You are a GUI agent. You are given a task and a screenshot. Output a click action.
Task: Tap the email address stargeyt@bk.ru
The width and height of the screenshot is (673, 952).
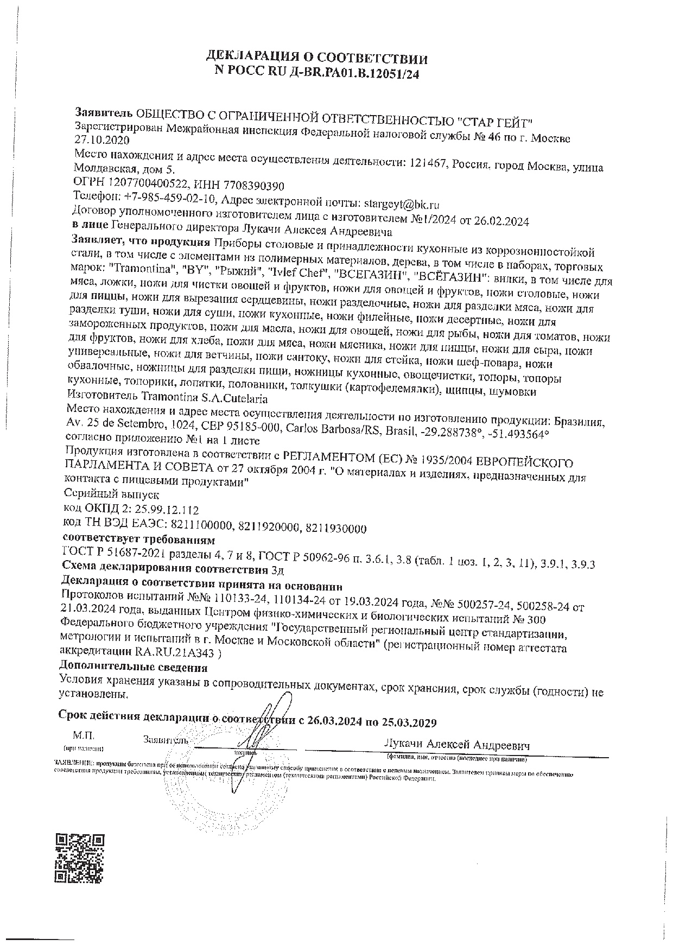click(x=402, y=204)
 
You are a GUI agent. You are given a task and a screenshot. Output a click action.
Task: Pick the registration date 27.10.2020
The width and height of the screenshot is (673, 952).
click(x=101, y=141)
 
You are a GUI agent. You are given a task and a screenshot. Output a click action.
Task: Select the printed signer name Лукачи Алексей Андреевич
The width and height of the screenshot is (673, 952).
click(x=456, y=745)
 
